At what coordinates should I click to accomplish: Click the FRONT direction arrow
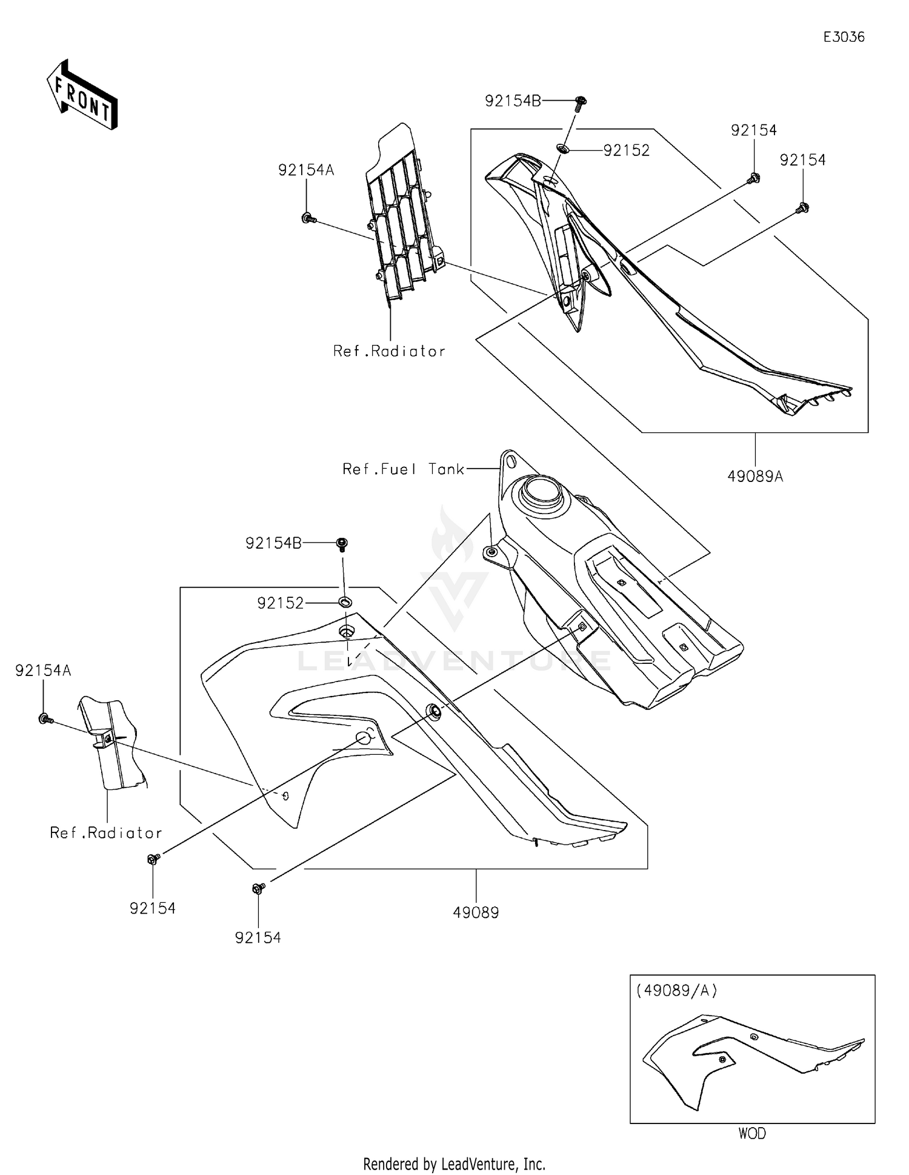[x=82, y=95]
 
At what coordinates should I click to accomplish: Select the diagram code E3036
[x=843, y=37]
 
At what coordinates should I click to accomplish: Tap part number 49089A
[x=755, y=477]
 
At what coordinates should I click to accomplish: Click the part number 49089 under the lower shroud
[x=476, y=912]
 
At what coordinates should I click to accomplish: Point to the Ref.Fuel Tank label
[x=403, y=469]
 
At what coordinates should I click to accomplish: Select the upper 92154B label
[x=513, y=101]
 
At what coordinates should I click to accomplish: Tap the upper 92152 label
[x=626, y=150]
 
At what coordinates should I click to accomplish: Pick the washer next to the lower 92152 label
[x=345, y=602]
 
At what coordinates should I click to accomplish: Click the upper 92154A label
[x=306, y=170]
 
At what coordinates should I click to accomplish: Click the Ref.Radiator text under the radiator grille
[x=389, y=351]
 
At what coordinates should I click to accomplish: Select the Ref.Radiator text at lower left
[x=106, y=833]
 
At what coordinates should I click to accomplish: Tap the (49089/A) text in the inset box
[x=676, y=991]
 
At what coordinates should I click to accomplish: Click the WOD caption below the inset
[x=752, y=1133]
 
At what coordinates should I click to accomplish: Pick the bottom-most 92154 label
[x=258, y=938]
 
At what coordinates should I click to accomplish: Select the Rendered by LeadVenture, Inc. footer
[x=454, y=1163]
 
